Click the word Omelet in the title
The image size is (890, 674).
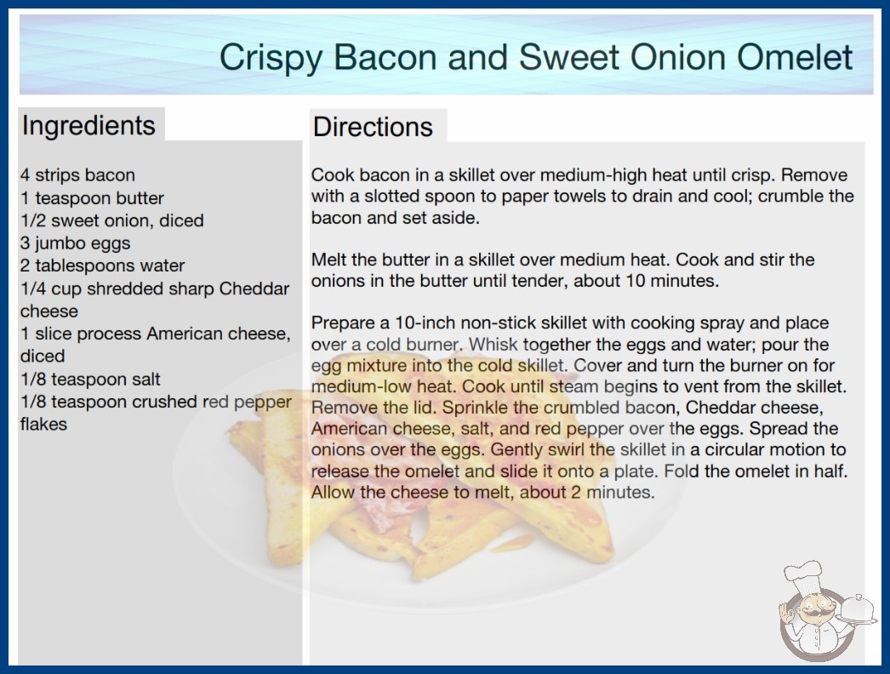(795, 57)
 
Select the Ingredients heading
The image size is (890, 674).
(88, 125)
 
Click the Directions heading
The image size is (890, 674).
(373, 127)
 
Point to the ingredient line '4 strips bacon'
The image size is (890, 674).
(77, 175)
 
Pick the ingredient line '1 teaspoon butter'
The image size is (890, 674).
(92, 197)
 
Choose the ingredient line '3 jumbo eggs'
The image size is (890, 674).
(76, 243)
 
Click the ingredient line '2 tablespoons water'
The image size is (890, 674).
(103, 266)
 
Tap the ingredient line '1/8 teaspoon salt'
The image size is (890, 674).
(90, 379)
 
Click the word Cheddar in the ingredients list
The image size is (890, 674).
(254, 288)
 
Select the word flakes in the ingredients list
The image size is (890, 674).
(43, 424)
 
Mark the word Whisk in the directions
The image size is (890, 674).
(493, 344)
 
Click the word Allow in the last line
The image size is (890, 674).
(334, 492)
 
